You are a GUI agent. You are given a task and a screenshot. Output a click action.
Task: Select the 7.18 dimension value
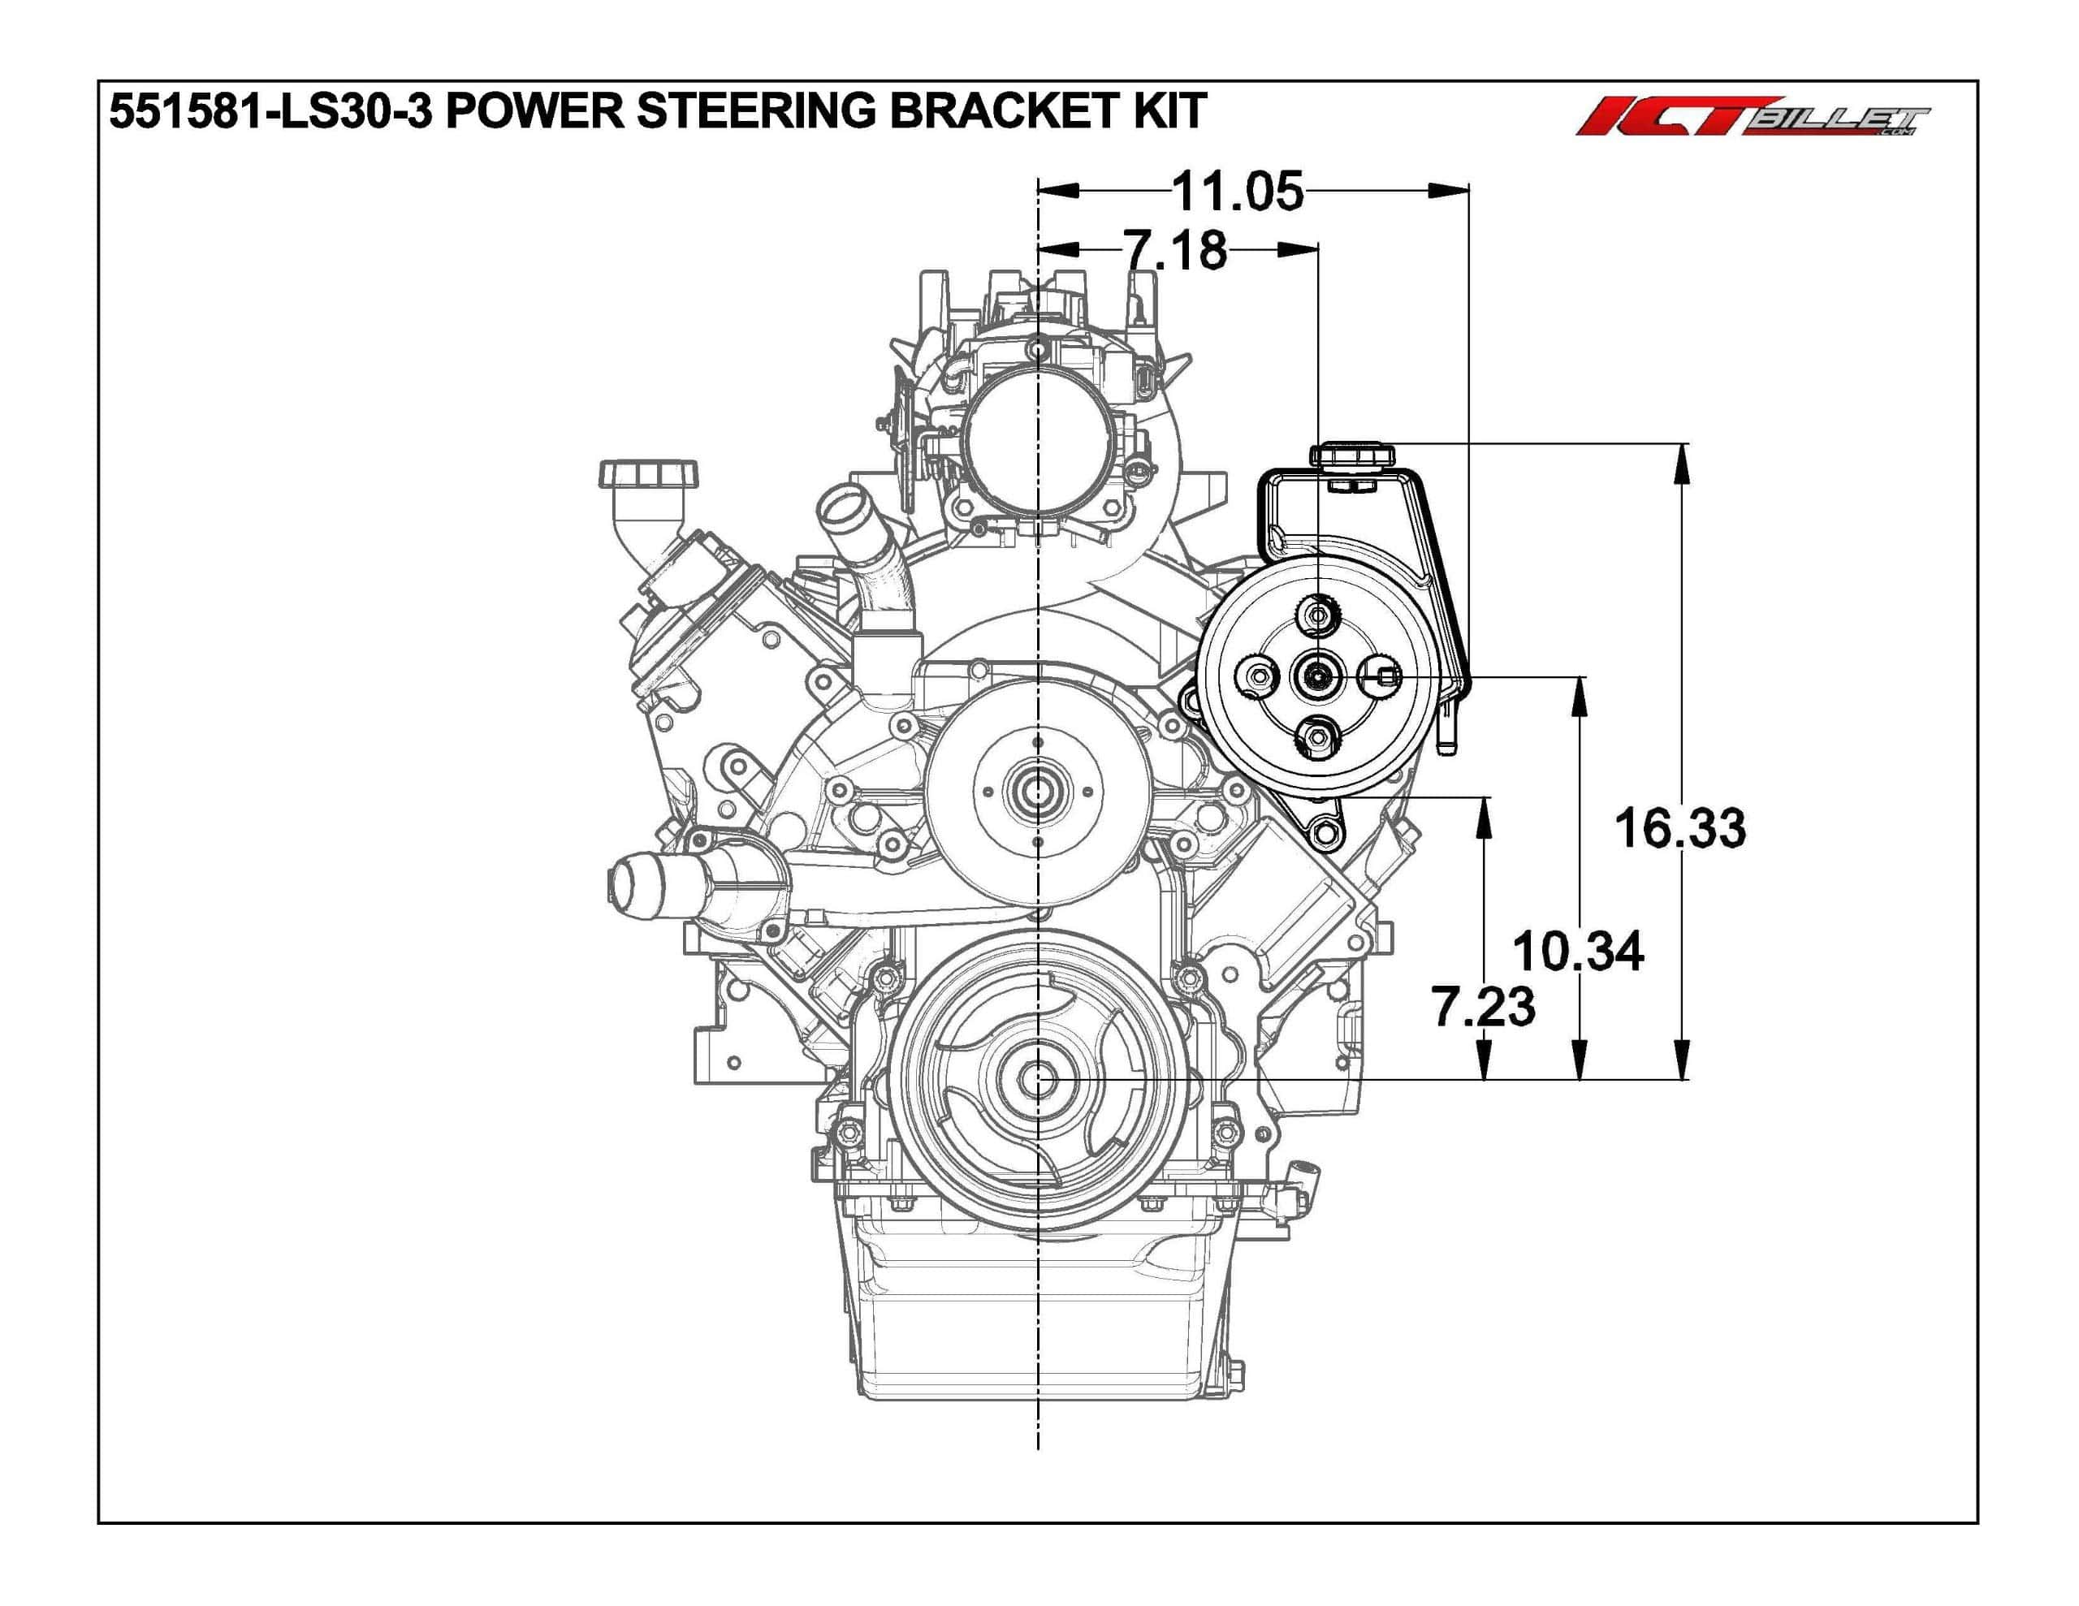pyautogui.click(x=1177, y=249)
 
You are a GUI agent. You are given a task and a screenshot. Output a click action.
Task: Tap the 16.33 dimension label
pyautogui.click(x=1680, y=827)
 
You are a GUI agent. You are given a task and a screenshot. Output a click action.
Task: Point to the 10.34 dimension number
pyautogui.click(x=1578, y=951)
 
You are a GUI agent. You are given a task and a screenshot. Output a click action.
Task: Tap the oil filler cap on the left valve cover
pyautogui.click(x=648, y=474)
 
